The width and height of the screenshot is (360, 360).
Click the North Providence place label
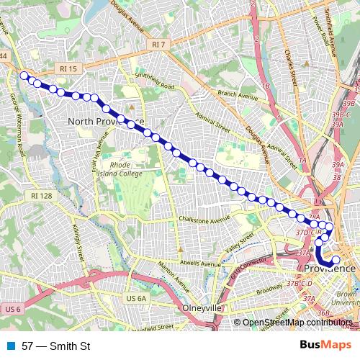coord(106,121)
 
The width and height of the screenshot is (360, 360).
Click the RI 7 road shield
coord(159,45)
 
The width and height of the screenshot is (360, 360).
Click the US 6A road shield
coord(135,297)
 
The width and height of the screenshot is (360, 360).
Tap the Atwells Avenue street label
coord(201,264)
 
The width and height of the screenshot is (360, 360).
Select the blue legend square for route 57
coord(11,346)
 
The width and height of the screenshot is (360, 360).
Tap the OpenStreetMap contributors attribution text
coord(300,323)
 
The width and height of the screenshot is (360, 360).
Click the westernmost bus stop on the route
coord(24,76)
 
